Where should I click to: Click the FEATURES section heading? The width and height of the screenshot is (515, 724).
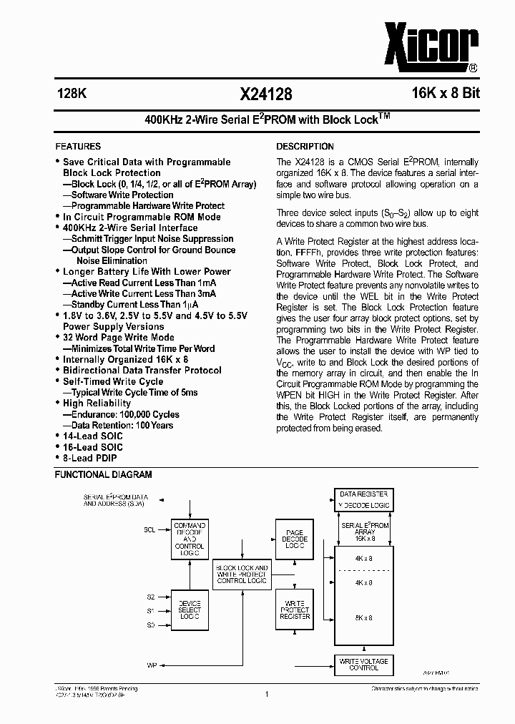[x=78, y=146]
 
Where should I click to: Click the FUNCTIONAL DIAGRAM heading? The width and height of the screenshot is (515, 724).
[x=104, y=474]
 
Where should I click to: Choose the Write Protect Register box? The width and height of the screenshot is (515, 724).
[x=295, y=610]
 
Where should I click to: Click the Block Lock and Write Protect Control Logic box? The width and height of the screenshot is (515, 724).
[x=242, y=574]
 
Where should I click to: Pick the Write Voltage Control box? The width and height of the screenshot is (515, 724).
[x=364, y=664]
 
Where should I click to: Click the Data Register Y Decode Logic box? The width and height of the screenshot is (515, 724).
[x=364, y=499]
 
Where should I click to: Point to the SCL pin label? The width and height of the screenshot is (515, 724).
[x=149, y=530]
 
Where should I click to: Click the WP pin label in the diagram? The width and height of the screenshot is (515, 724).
[x=152, y=665]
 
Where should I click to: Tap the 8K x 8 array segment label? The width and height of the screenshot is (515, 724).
[x=363, y=617]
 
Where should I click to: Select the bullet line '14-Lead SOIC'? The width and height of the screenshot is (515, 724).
[x=92, y=436]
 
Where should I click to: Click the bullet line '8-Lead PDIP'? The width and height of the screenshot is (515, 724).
[x=89, y=458]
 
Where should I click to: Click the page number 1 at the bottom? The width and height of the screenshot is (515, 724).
[x=265, y=693]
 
